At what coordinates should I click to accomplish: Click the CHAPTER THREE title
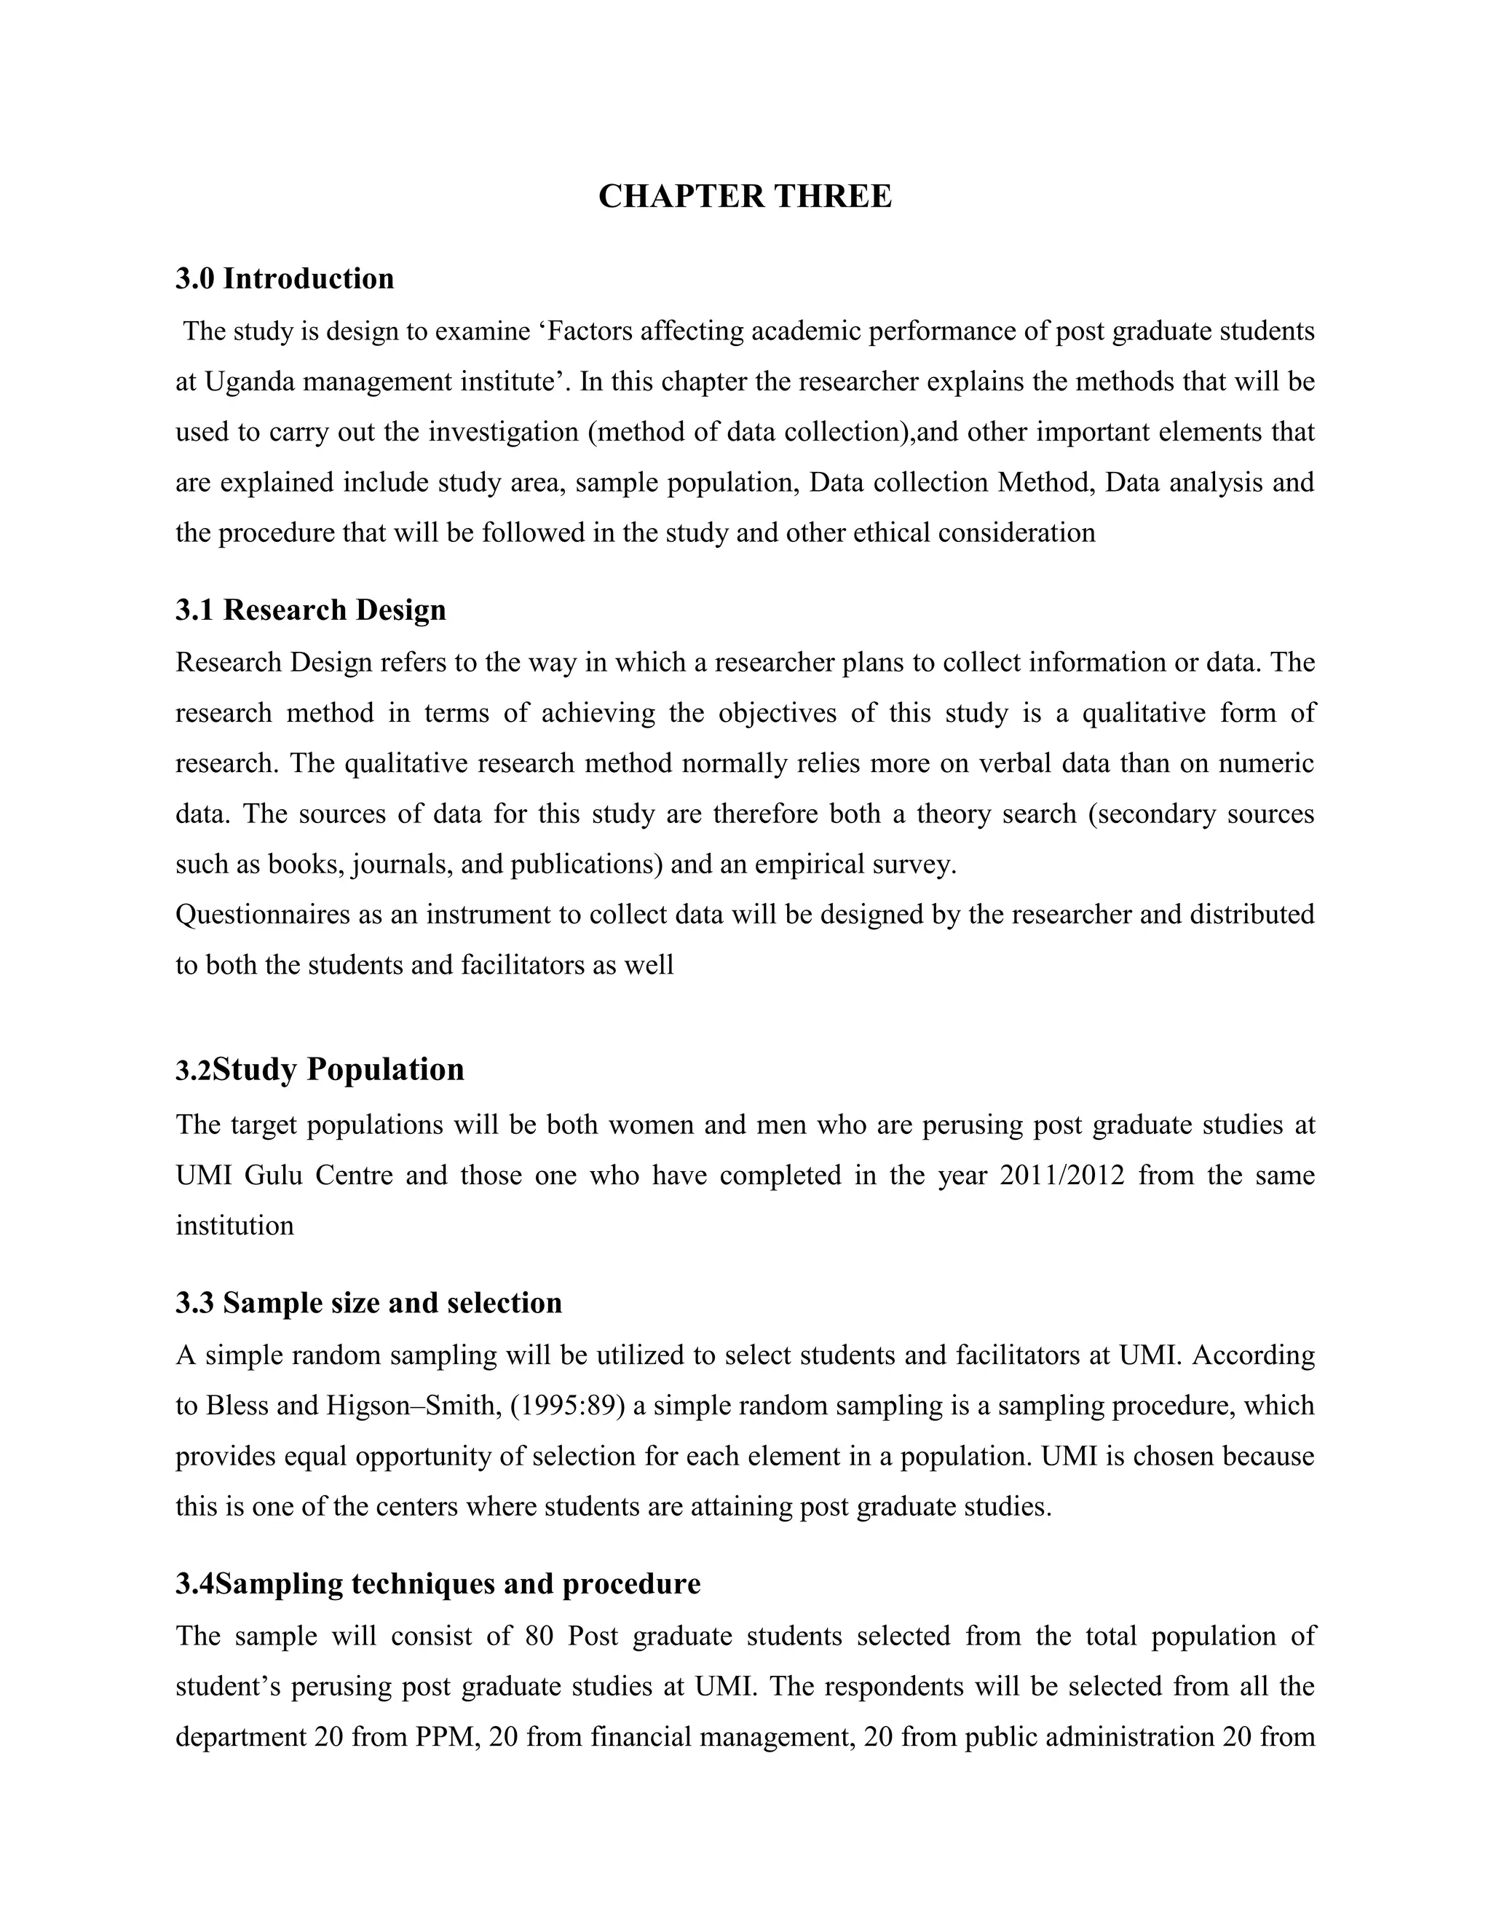tap(745, 196)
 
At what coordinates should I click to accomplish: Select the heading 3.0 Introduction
tap(285, 279)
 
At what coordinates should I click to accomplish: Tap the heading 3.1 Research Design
tap(310, 610)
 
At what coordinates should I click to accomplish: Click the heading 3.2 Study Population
tap(320, 1069)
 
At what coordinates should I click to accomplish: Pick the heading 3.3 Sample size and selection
tap(368, 1304)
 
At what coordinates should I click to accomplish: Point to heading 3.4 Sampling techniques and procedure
tap(438, 1583)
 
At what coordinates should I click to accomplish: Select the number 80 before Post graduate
tap(539, 1636)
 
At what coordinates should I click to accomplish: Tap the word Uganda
tap(240, 382)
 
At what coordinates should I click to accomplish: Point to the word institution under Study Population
tap(234, 1226)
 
